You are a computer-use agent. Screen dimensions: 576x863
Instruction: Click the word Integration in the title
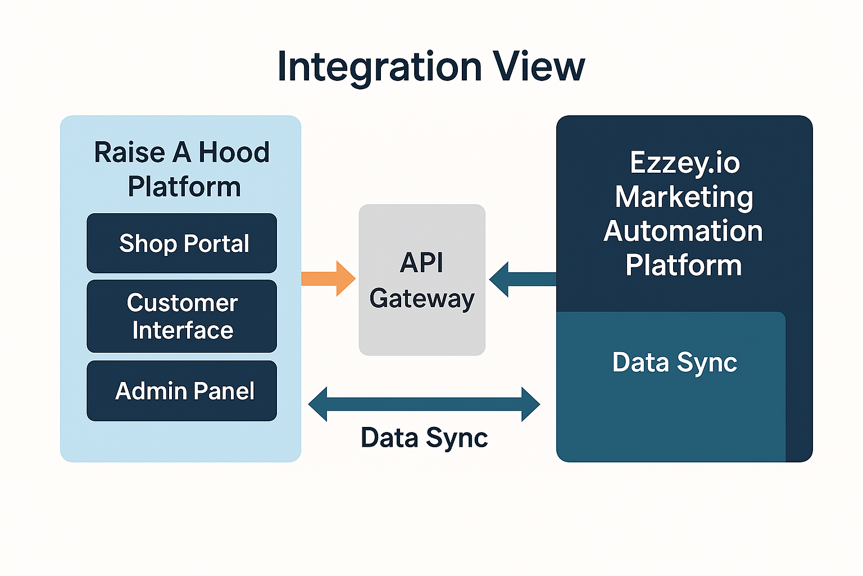(x=379, y=67)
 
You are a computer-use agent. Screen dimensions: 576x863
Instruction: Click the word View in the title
(x=539, y=67)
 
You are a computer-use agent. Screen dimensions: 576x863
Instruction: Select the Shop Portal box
(x=181, y=243)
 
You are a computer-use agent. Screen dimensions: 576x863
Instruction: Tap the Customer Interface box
(x=181, y=316)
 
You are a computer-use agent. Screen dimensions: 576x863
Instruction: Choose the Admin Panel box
(x=181, y=391)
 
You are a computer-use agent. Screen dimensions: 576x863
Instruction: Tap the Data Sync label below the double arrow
(x=424, y=438)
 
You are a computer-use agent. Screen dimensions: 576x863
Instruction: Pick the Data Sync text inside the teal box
(x=674, y=363)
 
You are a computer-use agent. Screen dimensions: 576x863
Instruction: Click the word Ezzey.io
(x=684, y=163)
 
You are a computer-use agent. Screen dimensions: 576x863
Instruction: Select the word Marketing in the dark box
(x=684, y=197)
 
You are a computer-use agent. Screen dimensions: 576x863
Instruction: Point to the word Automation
(x=683, y=231)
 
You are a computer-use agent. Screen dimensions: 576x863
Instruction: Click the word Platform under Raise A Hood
(x=184, y=187)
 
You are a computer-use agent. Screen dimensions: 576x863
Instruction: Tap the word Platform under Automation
(x=683, y=265)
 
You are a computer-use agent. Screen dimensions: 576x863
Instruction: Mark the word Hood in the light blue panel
(x=234, y=152)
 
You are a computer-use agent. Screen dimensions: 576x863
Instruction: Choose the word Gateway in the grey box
(x=422, y=299)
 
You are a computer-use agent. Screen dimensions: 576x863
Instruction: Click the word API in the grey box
(x=421, y=263)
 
